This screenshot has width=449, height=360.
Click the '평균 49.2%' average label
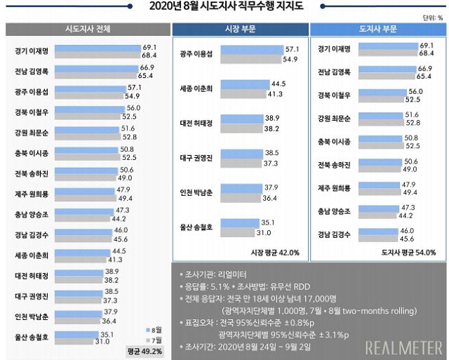point(145,350)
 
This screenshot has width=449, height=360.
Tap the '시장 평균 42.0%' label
point(275,252)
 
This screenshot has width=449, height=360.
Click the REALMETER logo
point(403,347)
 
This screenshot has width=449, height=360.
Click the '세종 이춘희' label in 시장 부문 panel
point(196,88)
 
